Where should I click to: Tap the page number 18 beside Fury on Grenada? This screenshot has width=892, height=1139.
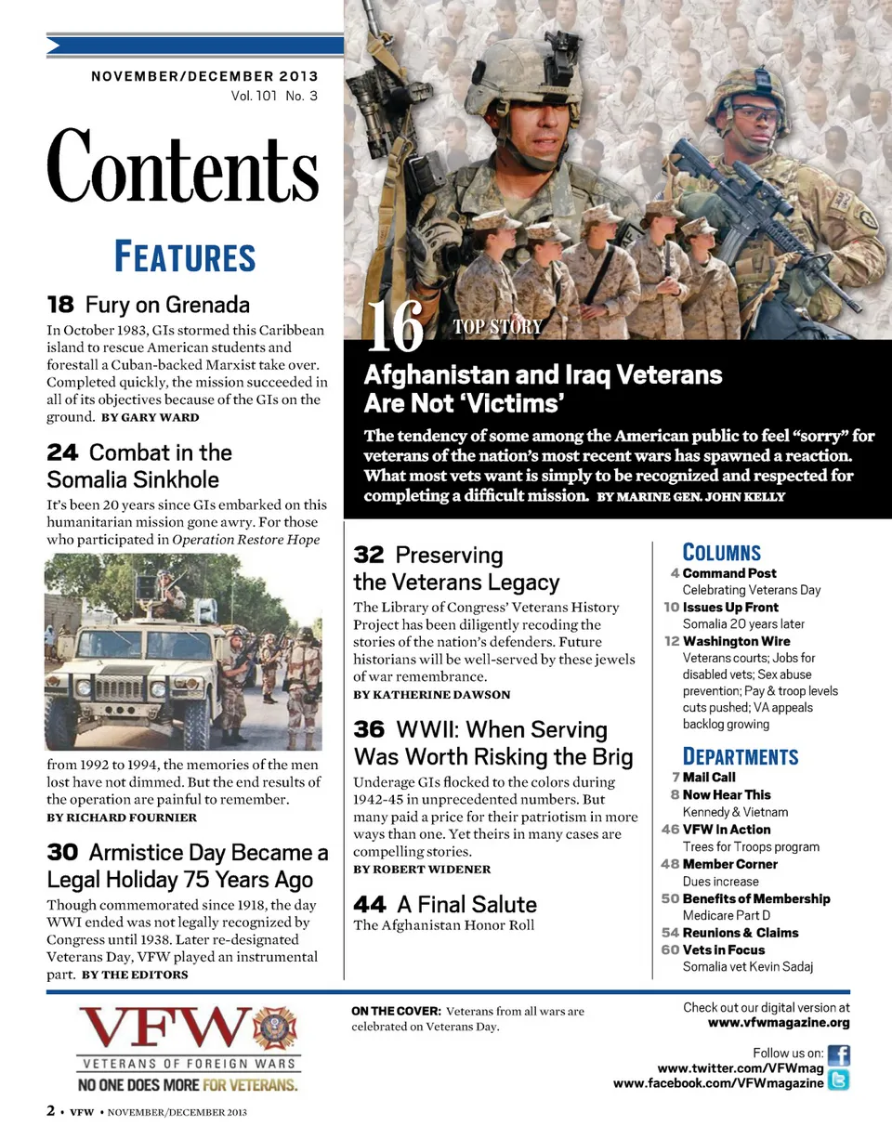(x=60, y=304)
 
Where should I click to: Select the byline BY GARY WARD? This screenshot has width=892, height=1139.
(x=150, y=417)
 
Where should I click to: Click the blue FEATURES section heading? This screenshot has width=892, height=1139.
(x=184, y=256)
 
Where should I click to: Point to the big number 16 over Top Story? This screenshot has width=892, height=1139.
(x=395, y=327)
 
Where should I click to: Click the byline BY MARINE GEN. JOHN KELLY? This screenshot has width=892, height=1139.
(x=690, y=497)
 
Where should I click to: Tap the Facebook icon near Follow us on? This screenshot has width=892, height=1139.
(x=838, y=1055)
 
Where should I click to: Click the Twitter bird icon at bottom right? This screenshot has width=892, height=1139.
(x=838, y=1080)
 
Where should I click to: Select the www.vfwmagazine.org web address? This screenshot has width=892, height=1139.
(x=779, y=1023)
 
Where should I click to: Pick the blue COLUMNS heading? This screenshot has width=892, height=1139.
(x=722, y=552)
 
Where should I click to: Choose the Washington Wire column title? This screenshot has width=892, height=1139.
(x=736, y=641)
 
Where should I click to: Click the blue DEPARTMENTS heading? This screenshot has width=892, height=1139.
(x=741, y=756)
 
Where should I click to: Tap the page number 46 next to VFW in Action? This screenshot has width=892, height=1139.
(x=670, y=829)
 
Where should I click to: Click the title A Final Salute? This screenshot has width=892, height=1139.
(x=466, y=904)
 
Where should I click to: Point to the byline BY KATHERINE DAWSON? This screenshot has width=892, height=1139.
(x=432, y=694)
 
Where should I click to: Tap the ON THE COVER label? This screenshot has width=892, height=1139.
(x=396, y=1011)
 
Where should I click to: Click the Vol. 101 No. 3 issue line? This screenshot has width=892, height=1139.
(x=274, y=96)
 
